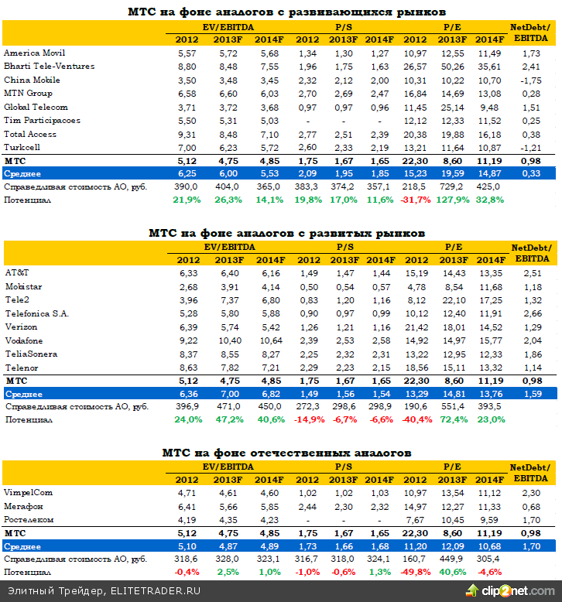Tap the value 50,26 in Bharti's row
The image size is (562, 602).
[454, 67]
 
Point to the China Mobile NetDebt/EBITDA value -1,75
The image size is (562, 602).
[530, 80]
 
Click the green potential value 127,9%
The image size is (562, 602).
[453, 200]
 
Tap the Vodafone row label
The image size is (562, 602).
[24, 340]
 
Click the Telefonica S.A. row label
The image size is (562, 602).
[36, 313]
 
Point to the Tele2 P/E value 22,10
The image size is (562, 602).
[454, 299]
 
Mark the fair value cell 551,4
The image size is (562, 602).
[454, 407]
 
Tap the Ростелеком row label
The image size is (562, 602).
[29, 519]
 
